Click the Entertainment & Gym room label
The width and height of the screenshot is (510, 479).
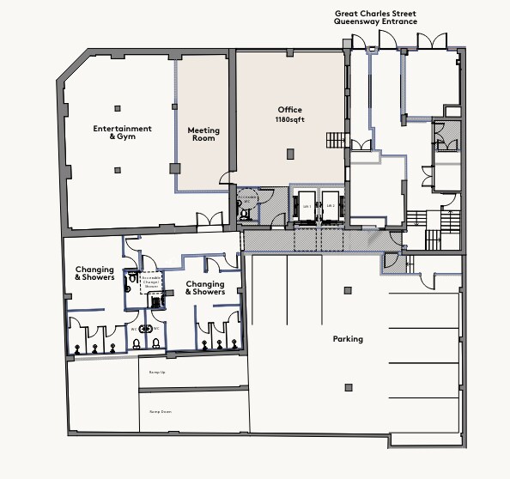coord(122,133)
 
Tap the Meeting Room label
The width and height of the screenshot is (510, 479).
coord(203,135)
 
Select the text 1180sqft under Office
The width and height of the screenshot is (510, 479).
coord(290,121)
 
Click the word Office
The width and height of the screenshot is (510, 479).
coord(290,110)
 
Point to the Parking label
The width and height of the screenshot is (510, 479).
coord(348,339)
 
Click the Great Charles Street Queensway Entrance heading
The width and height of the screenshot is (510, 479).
coord(375,17)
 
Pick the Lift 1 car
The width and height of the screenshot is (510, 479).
coord(307,206)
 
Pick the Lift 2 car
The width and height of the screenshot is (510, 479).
coord(331,206)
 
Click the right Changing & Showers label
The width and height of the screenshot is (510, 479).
coord(205,288)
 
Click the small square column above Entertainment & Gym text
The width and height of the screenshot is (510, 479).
coord(118,108)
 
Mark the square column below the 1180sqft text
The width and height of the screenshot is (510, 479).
coord(291,154)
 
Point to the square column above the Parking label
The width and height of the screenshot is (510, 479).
coord(347,290)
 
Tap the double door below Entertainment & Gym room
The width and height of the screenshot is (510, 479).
coord(209,220)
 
